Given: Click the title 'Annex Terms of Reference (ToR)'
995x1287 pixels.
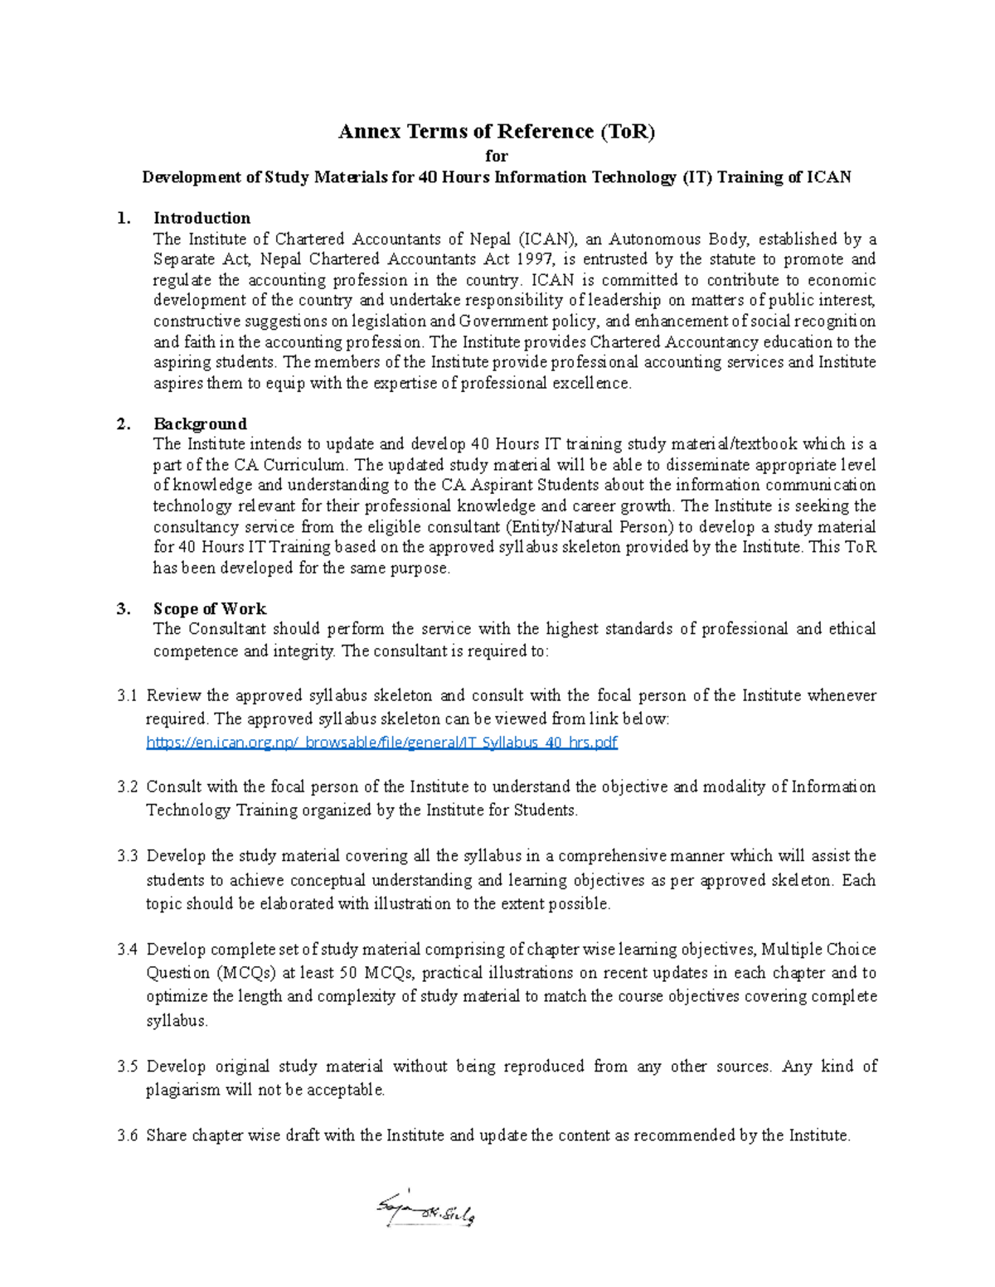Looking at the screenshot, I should point(497,132).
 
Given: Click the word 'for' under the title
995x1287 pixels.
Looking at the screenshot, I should point(497,156).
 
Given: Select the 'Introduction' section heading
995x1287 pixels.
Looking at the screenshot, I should point(201,218).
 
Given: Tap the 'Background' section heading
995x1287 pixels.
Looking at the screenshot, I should point(200,423).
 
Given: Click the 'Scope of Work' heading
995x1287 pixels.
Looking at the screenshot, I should point(210,608).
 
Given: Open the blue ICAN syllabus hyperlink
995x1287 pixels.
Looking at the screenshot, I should point(381,743).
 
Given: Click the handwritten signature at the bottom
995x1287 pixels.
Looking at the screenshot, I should point(425,1214).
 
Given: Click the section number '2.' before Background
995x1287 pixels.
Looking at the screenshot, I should point(124,423).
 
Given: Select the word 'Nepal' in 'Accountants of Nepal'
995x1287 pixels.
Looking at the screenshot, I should point(491,239).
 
